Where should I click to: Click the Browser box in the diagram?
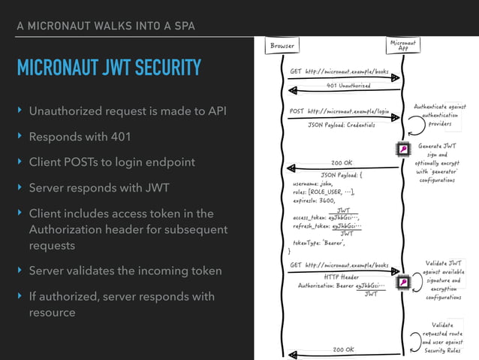point(282,46)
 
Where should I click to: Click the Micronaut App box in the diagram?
point(402,46)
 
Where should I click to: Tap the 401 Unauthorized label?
point(348,86)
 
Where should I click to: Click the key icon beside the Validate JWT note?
point(402,283)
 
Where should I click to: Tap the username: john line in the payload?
point(312,182)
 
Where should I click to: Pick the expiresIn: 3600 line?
point(313,201)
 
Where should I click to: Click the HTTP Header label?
point(342,276)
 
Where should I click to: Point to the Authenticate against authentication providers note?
point(439,115)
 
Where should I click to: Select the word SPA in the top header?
point(184,26)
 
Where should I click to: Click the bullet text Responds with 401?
point(80,137)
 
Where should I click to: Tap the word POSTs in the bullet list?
point(89,162)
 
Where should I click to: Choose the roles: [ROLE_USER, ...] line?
point(324,192)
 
